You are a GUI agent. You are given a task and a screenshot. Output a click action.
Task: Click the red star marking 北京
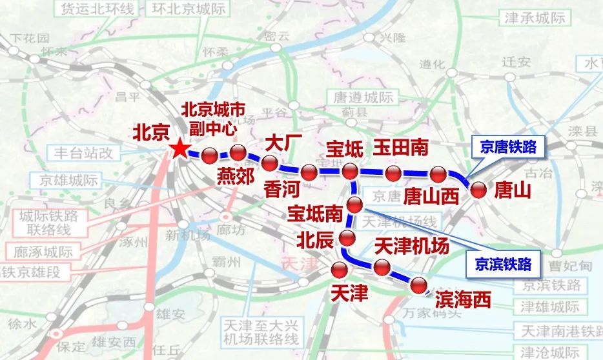pos(179,150)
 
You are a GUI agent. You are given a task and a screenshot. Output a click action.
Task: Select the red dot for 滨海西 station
pos(420,285)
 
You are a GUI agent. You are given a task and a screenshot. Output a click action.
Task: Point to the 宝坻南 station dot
pos(355,205)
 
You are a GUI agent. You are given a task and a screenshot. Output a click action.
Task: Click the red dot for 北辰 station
pos(348,237)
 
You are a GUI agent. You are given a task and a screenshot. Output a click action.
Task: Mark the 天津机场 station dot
pos(382,266)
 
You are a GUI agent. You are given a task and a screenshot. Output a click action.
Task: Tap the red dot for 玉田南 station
pos(393,172)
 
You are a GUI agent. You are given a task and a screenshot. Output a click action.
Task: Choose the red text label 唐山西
pos(431,195)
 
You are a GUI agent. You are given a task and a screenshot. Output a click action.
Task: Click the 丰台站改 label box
pos(84,154)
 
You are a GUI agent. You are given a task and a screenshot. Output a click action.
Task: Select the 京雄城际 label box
pos(68,181)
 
